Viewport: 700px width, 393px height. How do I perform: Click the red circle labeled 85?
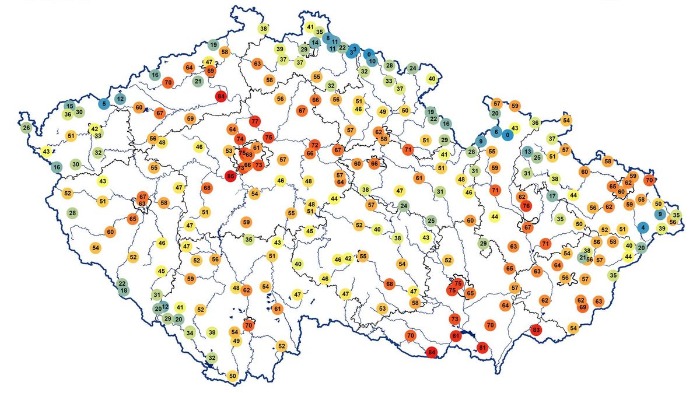point(231,175)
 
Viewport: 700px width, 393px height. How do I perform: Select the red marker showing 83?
point(537,330)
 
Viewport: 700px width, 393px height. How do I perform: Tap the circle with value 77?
point(254,122)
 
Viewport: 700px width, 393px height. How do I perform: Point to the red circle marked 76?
point(526,206)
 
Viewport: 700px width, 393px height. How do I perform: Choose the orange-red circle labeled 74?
point(240,139)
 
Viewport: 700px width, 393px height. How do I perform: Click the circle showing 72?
point(314,144)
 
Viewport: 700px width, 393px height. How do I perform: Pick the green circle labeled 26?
point(26,128)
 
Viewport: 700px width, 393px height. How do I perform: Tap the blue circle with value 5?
point(104,104)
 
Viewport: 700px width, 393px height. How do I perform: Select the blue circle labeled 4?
point(643,227)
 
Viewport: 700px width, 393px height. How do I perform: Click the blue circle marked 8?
point(328,38)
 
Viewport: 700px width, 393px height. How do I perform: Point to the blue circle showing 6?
point(496,132)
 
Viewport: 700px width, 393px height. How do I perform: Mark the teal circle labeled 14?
point(315,42)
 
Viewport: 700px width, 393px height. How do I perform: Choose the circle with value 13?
point(527,152)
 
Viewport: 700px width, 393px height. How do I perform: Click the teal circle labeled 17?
point(552,196)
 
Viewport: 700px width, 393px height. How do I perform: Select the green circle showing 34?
point(190,334)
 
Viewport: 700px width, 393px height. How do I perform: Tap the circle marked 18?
point(123,290)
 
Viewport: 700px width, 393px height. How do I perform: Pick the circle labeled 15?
point(69,106)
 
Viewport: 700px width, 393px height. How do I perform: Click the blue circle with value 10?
point(372,61)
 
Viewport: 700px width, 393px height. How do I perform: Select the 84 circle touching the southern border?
point(432,352)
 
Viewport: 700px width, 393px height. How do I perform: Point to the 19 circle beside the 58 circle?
point(213,45)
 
